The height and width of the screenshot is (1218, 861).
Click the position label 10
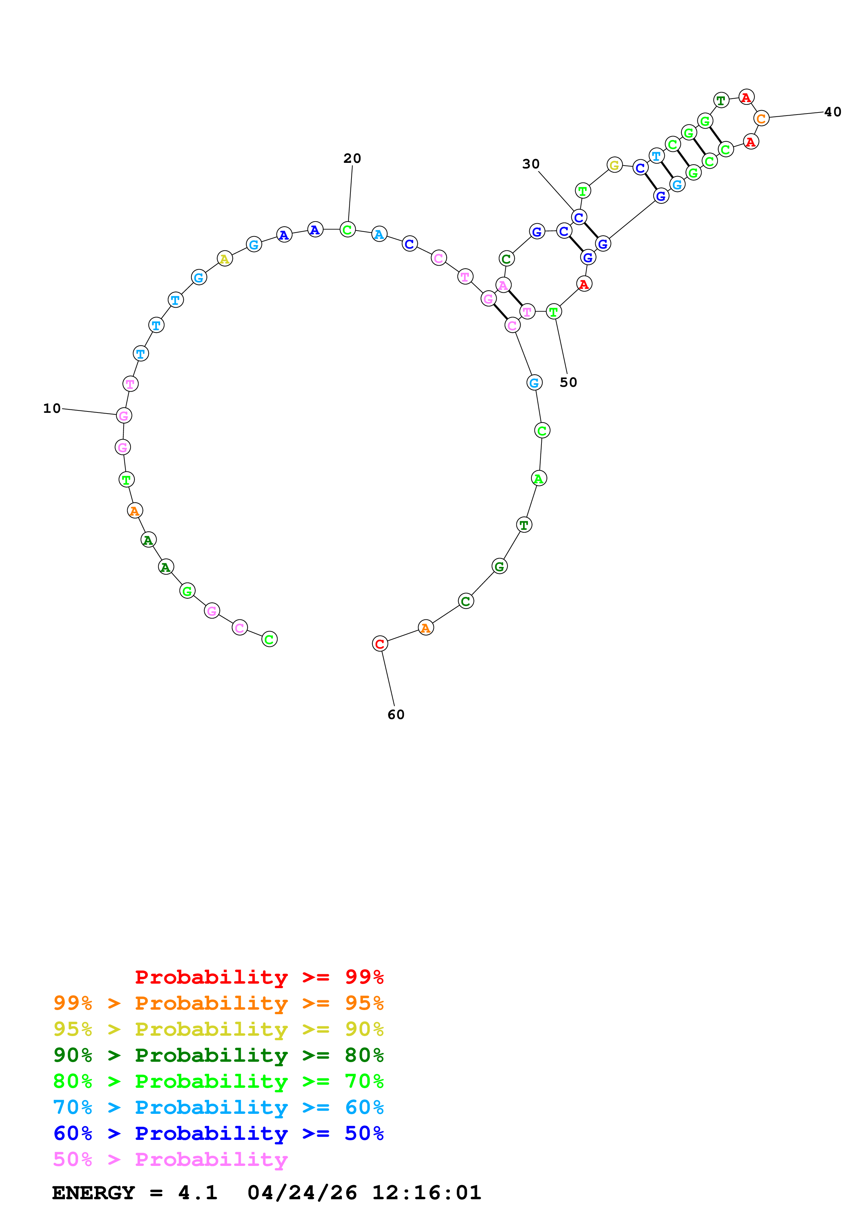[52, 408]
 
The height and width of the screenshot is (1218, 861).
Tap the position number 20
[352, 158]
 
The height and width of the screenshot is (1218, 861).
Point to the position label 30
[530, 164]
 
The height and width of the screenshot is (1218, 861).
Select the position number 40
[833, 112]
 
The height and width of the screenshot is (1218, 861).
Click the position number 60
[396, 715]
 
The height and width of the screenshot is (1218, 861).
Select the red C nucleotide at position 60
[380, 644]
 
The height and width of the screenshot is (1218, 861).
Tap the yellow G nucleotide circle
[614, 166]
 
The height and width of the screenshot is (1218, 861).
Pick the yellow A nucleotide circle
[225, 259]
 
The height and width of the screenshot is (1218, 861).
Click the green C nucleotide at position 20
[347, 230]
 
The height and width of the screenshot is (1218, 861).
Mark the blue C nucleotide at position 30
[579, 217]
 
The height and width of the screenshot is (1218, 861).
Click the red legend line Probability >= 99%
[259, 977]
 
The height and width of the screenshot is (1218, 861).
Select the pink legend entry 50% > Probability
[170, 1160]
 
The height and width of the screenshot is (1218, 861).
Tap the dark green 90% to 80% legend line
[218, 1055]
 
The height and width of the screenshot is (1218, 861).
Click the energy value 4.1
[197, 1193]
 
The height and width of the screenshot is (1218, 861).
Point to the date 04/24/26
[302, 1193]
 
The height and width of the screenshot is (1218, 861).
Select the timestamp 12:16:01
[427, 1193]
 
